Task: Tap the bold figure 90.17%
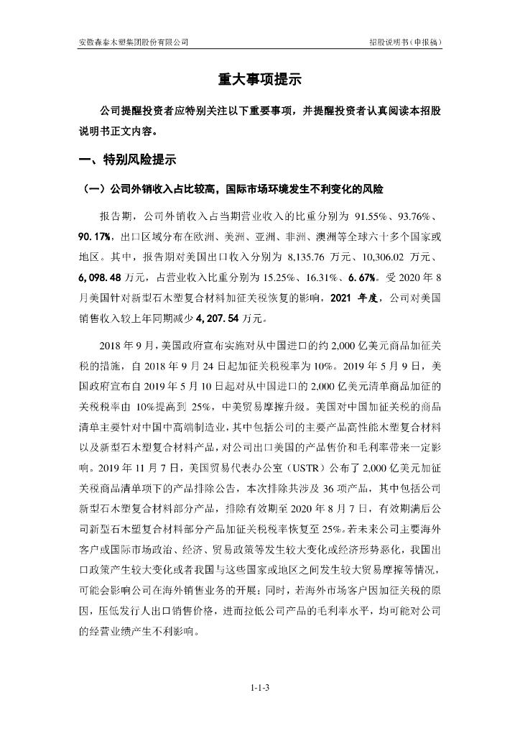pos(94,236)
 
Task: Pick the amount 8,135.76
pos(307,257)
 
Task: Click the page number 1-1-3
pos(259,690)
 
